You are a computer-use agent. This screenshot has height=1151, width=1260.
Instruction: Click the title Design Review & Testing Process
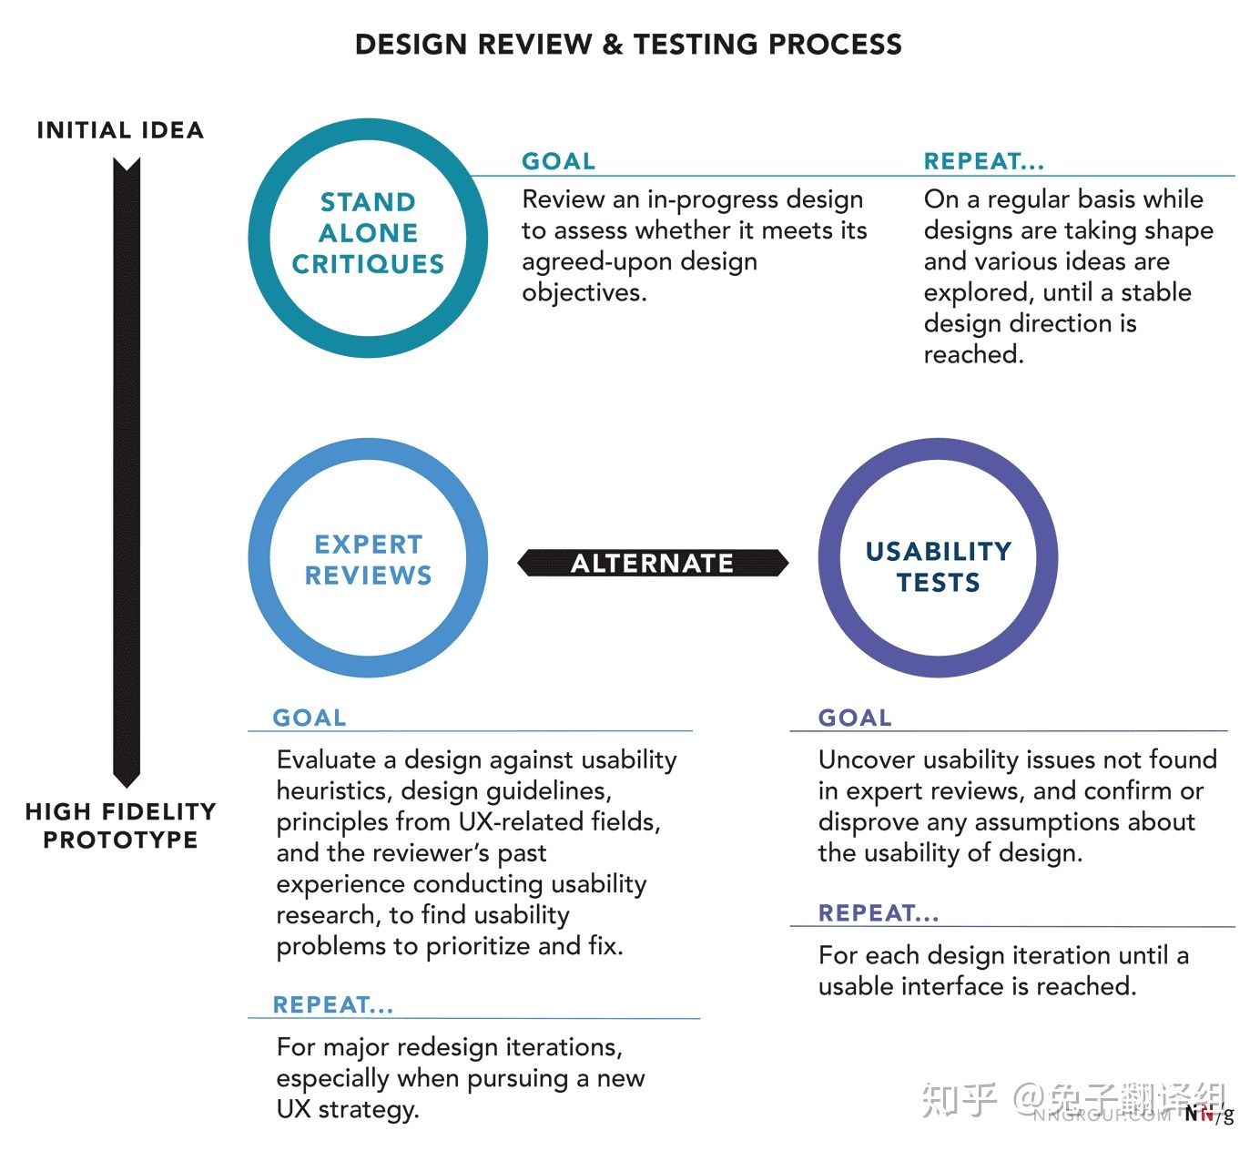pyautogui.click(x=628, y=45)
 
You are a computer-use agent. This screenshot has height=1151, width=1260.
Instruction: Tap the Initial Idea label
pyautogui.click(x=120, y=130)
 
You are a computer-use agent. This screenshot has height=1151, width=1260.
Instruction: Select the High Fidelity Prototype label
pyautogui.click(x=120, y=826)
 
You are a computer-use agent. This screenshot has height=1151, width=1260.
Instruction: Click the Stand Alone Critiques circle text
pyautogui.click(x=368, y=233)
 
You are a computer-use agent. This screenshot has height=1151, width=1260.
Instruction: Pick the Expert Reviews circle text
pyautogui.click(x=369, y=560)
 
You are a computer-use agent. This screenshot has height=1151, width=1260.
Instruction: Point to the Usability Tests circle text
pyautogui.click(x=939, y=566)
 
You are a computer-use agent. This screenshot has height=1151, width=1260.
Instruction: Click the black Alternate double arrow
pyautogui.click(x=653, y=563)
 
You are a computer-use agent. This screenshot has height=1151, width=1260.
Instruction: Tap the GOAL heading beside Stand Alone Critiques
pyautogui.click(x=558, y=161)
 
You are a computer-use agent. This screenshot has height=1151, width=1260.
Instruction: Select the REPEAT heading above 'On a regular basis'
pyautogui.click(x=984, y=161)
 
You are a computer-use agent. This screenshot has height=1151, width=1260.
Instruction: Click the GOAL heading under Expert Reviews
pyautogui.click(x=309, y=718)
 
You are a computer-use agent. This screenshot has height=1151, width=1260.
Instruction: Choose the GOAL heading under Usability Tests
pyautogui.click(x=855, y=718)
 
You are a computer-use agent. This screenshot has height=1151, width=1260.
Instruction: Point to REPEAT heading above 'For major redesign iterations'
pyautogui.click(x=333, y=1004)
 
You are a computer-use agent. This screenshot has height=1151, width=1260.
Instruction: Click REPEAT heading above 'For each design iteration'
pyautogui.click(x=879, y=913)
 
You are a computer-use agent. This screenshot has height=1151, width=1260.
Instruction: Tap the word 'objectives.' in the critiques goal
pyautogui.click(x=584, y=293)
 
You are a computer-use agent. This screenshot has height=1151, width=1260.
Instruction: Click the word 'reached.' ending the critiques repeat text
pyautogui.click(x=973, y=354)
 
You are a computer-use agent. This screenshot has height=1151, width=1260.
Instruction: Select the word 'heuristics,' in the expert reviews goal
pyautogui.click(x=335, y=791)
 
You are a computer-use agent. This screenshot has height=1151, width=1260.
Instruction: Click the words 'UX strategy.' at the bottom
pyautogui.click(x=348, y=1109)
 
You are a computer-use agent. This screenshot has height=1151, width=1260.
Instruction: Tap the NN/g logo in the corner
pyautogui.click(x=1209, y=1114)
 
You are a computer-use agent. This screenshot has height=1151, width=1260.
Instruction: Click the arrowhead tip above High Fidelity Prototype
pyautogui.click(x=127, y=788)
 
